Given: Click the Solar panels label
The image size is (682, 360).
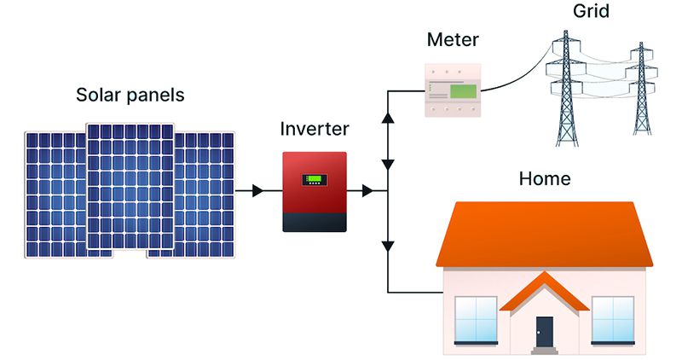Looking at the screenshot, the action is point(130,95).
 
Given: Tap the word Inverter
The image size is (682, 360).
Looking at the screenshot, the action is point(315,129).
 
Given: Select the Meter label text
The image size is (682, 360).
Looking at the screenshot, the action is point(453,39).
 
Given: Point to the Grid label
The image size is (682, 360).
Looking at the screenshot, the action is point(591,10).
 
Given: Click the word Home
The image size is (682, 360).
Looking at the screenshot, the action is point(545,178).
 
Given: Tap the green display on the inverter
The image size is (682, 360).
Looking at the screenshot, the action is point(315,179).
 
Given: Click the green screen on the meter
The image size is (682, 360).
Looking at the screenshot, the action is point(463,91).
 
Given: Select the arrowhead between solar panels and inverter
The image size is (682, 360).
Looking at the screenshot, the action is point(258,191).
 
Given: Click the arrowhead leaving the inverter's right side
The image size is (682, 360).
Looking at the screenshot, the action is point(367,191).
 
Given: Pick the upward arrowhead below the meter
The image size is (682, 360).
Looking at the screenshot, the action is point(388,118).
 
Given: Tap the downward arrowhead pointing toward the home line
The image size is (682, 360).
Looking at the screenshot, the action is point(388,247).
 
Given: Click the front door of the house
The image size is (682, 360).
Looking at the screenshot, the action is point(544,332).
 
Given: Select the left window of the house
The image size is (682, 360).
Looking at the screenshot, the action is point(476,320).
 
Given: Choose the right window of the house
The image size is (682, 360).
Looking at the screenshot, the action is point(613,320).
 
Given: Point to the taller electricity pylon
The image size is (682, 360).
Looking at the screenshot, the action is point(566,89).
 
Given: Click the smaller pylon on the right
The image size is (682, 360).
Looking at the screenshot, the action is point(642,89).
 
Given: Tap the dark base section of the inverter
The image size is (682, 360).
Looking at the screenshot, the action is point(315,223).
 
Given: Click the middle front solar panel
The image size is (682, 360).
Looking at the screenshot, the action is point(130,186).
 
